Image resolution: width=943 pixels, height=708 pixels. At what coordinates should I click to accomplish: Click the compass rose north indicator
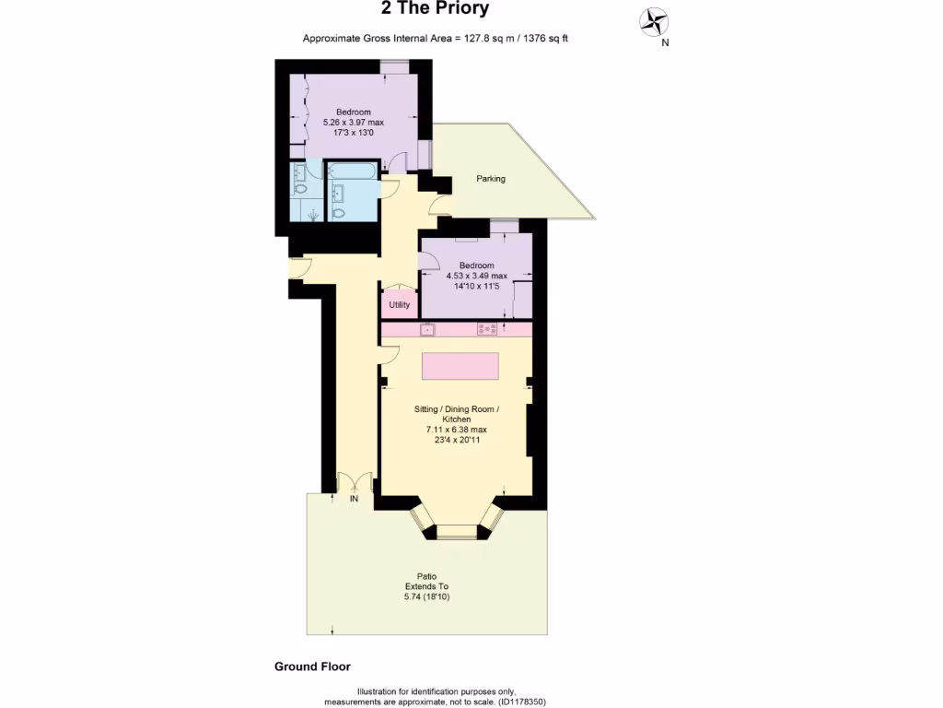pos(655,21)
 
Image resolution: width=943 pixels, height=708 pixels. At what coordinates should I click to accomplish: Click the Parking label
pos(491,179)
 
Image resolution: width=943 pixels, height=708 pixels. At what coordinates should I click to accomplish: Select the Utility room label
pos(399,304)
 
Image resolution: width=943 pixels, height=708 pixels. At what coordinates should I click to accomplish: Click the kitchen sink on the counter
pos(427,329)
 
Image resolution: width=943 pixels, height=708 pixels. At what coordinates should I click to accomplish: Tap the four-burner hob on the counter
pos(487,329)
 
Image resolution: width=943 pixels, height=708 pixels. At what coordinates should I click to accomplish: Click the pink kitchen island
pos(460,366)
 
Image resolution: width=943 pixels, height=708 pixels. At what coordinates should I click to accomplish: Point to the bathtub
pos(351,171)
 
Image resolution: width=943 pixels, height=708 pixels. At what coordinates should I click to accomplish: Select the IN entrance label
pos(353,499)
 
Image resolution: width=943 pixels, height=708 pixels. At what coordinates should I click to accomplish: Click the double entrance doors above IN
pos(354,481)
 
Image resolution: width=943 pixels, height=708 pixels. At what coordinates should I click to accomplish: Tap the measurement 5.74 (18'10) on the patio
pos(427,597)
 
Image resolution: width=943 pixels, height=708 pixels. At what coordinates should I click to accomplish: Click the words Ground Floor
pos(312,667)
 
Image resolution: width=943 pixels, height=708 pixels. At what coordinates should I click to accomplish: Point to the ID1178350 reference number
pos(521,702)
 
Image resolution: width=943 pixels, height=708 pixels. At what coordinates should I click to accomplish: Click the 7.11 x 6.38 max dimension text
pos(456,430)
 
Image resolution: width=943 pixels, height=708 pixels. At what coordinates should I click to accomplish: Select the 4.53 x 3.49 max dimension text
pos(476,276)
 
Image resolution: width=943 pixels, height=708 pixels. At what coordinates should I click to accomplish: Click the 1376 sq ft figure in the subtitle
pos(548,38)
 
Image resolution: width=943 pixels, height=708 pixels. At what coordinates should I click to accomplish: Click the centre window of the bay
pos(458,531)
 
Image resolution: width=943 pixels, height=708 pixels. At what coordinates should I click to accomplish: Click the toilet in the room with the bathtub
pos(338,213)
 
